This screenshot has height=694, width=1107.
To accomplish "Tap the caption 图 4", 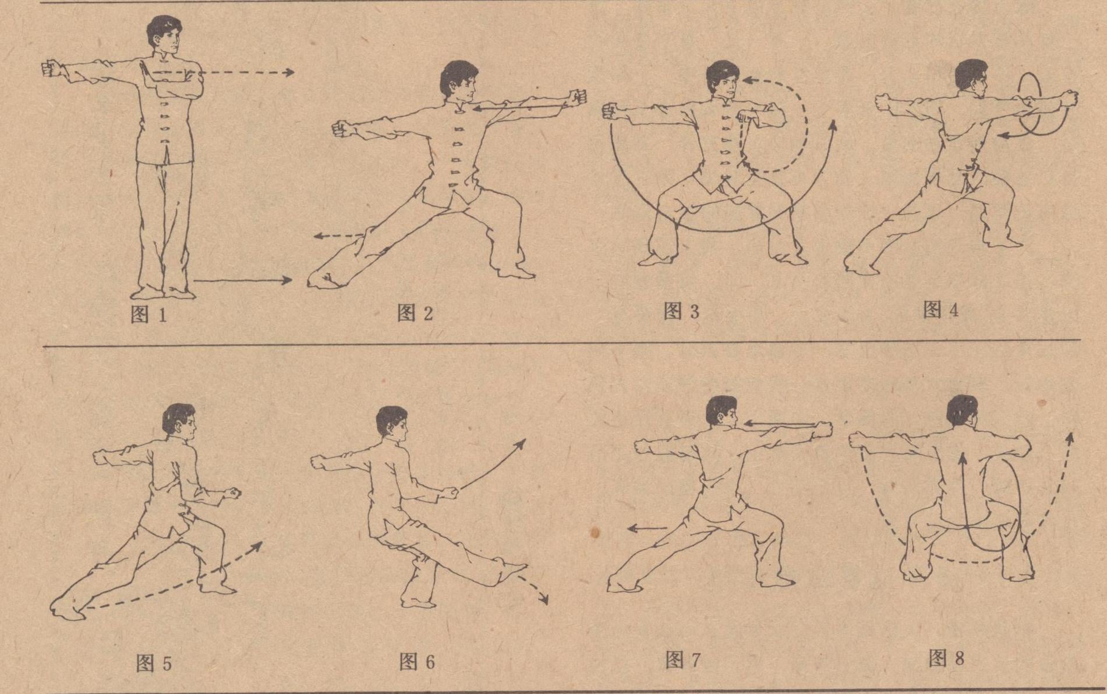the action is click(x=940, y=309).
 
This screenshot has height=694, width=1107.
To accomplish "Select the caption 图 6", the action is click(x=417, y=661).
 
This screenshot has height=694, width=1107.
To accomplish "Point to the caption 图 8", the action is click(x=946, y=658).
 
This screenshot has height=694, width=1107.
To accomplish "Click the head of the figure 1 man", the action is click(x=165, y=36).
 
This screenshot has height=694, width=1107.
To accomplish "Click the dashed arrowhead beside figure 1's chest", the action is click(x=288, y=72).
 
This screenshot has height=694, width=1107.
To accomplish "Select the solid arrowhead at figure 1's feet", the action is click(x=286, y=280).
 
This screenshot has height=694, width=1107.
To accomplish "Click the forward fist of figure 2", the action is click(x=578, y=97).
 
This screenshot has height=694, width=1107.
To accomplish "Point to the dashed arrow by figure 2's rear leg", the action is click(x=338, y=235).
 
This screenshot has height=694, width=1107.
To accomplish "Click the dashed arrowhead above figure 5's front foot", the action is click(x=257, y=547).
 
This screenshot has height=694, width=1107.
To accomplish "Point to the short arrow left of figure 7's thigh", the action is click(x=647, y=529).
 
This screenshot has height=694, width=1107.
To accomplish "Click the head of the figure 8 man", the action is click(x=962, y=411).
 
